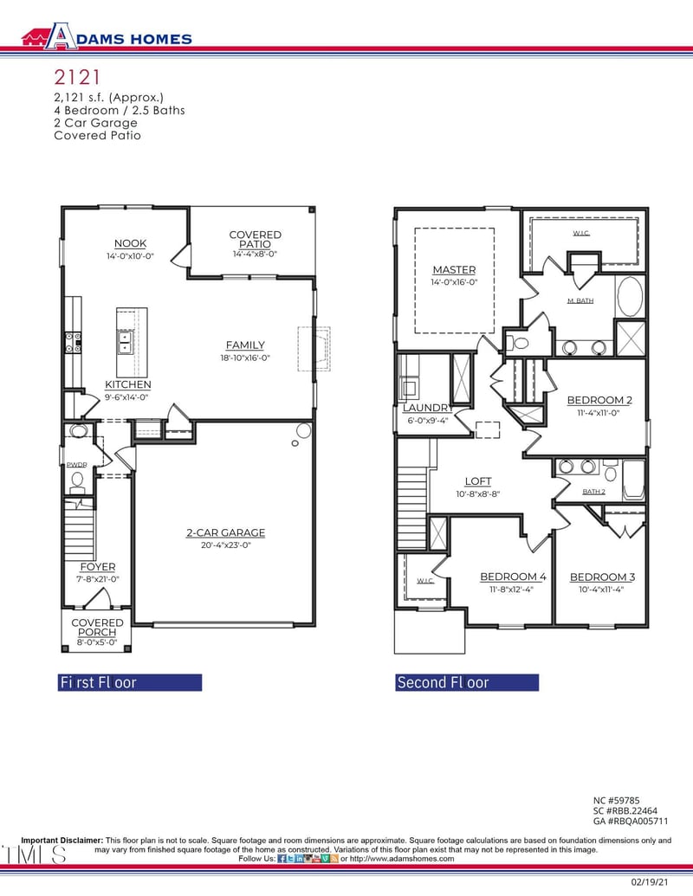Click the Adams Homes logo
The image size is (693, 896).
106,36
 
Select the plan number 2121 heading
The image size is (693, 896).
76,79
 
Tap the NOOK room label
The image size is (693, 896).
130,243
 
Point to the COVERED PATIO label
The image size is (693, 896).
255,240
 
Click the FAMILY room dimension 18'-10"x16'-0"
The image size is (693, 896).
245,358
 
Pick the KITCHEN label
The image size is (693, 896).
128,384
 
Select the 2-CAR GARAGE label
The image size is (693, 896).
225,532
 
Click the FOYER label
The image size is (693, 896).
97,567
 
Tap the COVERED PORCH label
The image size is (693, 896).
97,628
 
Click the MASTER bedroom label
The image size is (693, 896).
454,270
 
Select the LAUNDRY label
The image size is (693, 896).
427,408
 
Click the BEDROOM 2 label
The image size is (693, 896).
599,400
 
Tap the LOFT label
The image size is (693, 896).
477,481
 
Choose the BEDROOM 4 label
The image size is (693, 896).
513,577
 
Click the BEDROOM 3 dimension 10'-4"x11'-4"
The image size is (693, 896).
601,590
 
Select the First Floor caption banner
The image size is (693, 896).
129,682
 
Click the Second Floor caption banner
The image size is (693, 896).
466,682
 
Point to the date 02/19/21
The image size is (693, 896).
649,881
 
